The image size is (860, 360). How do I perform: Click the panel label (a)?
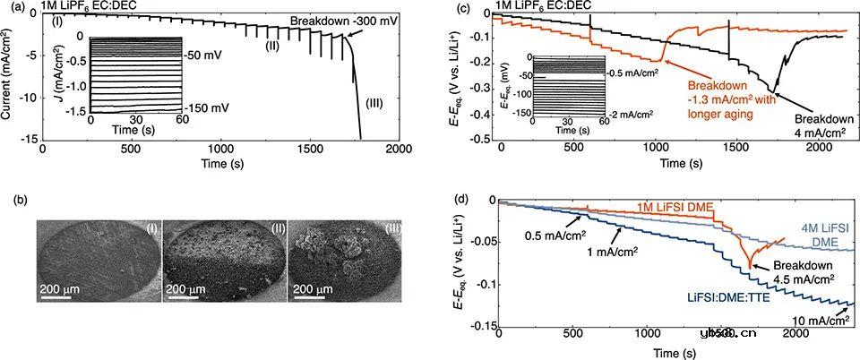[x=7, y=9]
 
